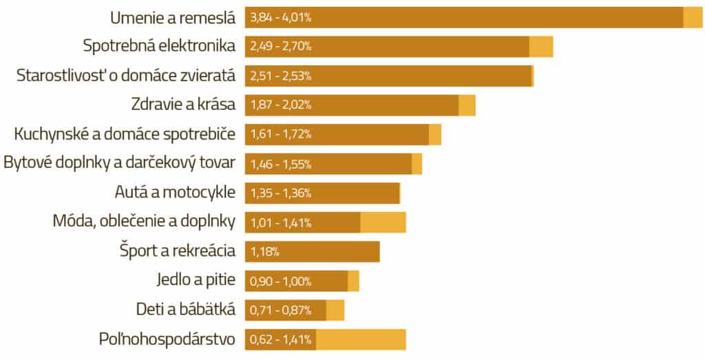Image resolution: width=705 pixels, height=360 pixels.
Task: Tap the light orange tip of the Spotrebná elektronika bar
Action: click(541, 46)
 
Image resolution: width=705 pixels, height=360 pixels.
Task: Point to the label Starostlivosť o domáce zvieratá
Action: click(126, 75)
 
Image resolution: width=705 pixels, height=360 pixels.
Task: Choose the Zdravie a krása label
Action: click(183, 105)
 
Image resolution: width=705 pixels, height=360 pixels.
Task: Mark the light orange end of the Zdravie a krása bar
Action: click(467, 105)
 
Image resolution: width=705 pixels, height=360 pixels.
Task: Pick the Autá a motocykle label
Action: click(175, 192)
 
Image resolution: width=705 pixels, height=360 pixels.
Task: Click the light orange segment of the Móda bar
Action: click(383, 222)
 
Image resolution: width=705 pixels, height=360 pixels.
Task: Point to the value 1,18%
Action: click(264, 252)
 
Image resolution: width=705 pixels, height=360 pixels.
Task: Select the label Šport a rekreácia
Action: click(178, 251)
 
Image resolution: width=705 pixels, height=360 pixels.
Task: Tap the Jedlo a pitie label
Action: click(196, 280)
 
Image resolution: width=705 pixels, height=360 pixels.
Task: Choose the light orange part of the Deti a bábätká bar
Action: click(335, 310)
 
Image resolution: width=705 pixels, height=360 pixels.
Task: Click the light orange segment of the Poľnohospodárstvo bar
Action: click(361, 339)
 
